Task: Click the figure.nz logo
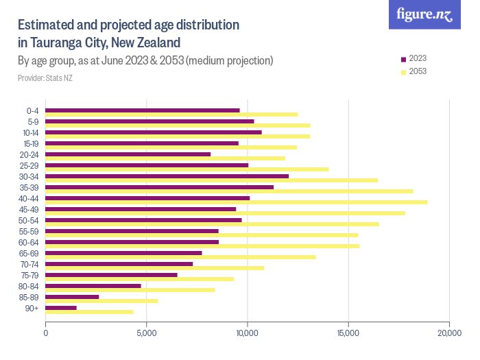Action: click(424, 14)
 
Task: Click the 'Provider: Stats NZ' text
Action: click(45, 78)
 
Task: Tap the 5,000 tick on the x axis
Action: click(147, 333)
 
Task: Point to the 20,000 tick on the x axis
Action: click(448, 333)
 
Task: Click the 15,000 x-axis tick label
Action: click(348, 333)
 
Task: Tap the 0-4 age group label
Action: click(33, 110)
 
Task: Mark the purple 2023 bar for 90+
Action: click(61, 308)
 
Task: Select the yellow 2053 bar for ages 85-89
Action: click(101, 301)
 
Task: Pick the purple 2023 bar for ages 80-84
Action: click(93, 286)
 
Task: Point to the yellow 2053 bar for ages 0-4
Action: click(172, 115)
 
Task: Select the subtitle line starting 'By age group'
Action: click(145, 61)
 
